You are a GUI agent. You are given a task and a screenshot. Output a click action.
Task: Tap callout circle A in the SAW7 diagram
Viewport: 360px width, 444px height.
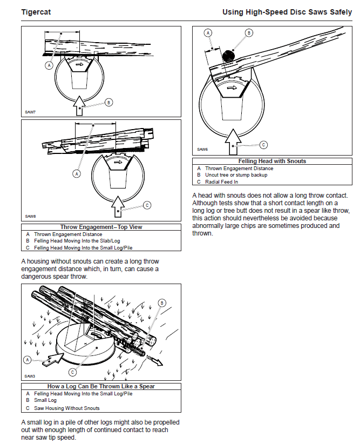click(x=49, y=65)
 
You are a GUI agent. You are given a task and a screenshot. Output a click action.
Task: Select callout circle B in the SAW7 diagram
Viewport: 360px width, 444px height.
click(x=108, y=102)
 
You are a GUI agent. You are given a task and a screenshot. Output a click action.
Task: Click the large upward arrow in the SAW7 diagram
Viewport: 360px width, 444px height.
click(x=79, y=104)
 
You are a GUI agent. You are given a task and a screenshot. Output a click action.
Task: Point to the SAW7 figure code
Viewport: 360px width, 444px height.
click(x=30, y=112)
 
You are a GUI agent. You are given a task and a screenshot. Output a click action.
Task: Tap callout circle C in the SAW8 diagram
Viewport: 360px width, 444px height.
click(x=147, y=205)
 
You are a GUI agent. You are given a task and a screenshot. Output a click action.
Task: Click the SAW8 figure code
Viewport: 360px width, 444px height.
click(x=30, y=216)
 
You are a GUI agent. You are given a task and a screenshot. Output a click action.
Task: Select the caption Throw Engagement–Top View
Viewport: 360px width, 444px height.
click(x=101, y=227)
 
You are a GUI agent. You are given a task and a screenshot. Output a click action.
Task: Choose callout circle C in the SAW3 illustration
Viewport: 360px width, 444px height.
click(x=72, y=372)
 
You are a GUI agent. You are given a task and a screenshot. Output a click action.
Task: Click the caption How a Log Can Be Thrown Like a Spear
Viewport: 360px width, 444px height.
click(x=101, y=387)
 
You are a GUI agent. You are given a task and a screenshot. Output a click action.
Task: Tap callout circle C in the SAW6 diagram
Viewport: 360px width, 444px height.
click(x=263, y=144)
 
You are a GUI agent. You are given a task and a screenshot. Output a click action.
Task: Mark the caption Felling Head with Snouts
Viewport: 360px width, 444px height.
click(x=272, y=161)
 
